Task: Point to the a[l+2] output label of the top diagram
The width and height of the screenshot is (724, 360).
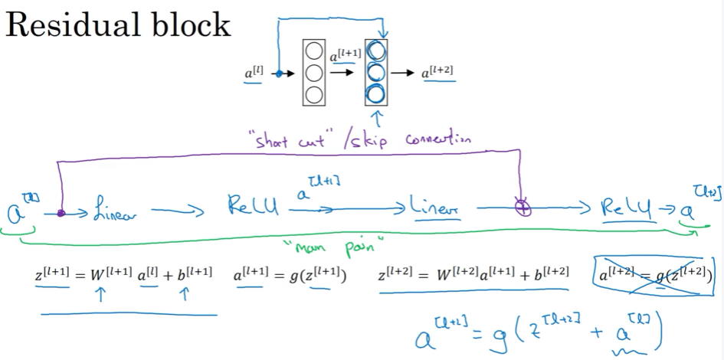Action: click(437, 73)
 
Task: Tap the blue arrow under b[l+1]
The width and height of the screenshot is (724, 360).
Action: click(183, 296)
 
